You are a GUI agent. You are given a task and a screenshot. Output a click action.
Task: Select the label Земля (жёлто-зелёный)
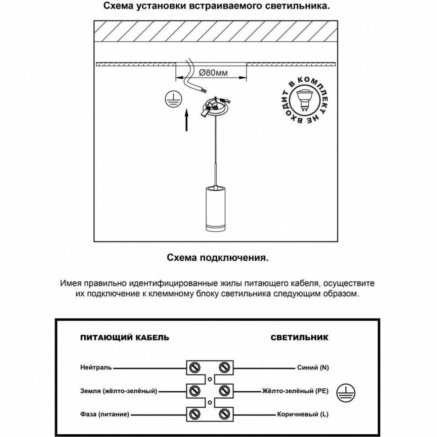(119, 391)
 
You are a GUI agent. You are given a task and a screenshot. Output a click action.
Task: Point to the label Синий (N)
(313, 368)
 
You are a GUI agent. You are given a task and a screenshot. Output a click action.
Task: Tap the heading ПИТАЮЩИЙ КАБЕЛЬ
(125, 337)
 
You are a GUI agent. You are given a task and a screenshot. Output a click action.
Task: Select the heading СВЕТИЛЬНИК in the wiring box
(300, 337)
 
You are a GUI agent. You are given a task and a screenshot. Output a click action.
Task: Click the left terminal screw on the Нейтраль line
(196, 367)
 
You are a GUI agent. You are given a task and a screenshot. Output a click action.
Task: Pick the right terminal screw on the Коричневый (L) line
(224, 413)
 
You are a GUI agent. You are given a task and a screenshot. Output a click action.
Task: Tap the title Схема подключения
(218, 258)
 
